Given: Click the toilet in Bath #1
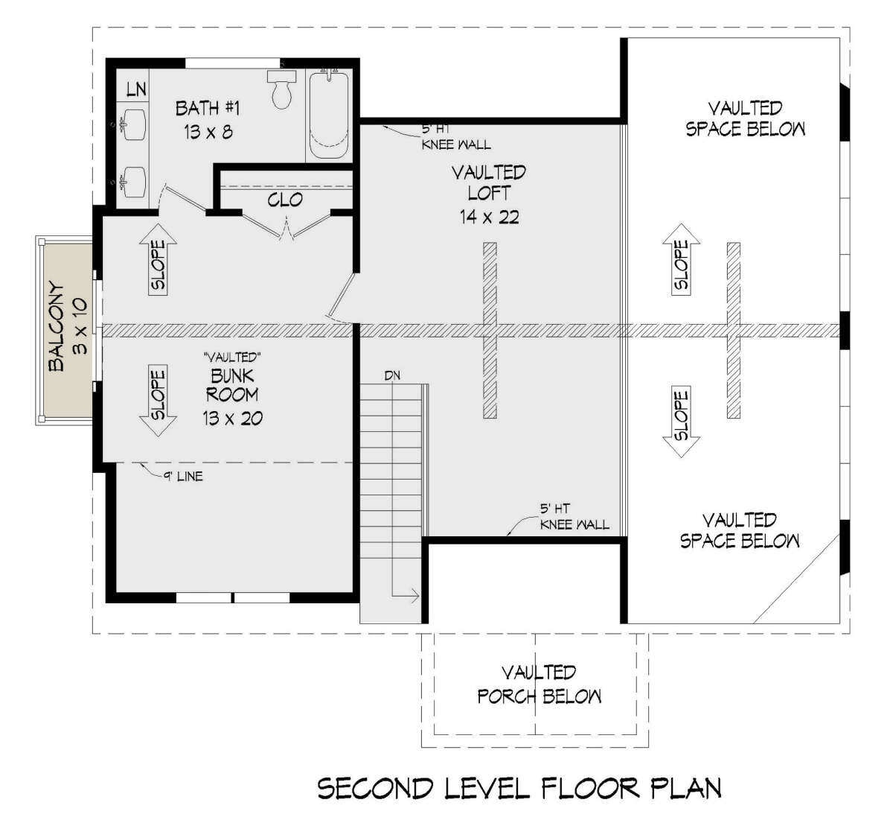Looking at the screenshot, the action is click(x=281, y=89).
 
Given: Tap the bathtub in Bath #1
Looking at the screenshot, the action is click(x=329, y=115).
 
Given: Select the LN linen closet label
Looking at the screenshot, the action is click(x=136, y=89).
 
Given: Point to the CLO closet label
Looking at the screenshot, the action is click(x=285, y=200).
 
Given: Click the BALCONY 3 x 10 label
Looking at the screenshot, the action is click(x=68, y=327).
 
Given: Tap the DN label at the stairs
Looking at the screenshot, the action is click(x=392, y=375).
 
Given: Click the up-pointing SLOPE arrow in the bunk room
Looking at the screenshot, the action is click(x=158, y=259).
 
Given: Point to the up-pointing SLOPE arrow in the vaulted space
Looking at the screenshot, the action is click(x=681, y=259).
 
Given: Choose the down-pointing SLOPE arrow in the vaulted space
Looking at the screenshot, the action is click(x=681, y=422).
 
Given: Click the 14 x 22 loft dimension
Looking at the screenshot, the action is click(x=489, y=217).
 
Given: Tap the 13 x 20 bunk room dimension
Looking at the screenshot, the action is click(x=232, y=418).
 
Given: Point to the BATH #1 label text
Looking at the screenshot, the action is click(x=208, y=108).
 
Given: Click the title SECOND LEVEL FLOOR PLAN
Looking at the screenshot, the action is click(x=519, y=789).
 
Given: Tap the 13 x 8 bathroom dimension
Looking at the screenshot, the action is click(x=208, y=132).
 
